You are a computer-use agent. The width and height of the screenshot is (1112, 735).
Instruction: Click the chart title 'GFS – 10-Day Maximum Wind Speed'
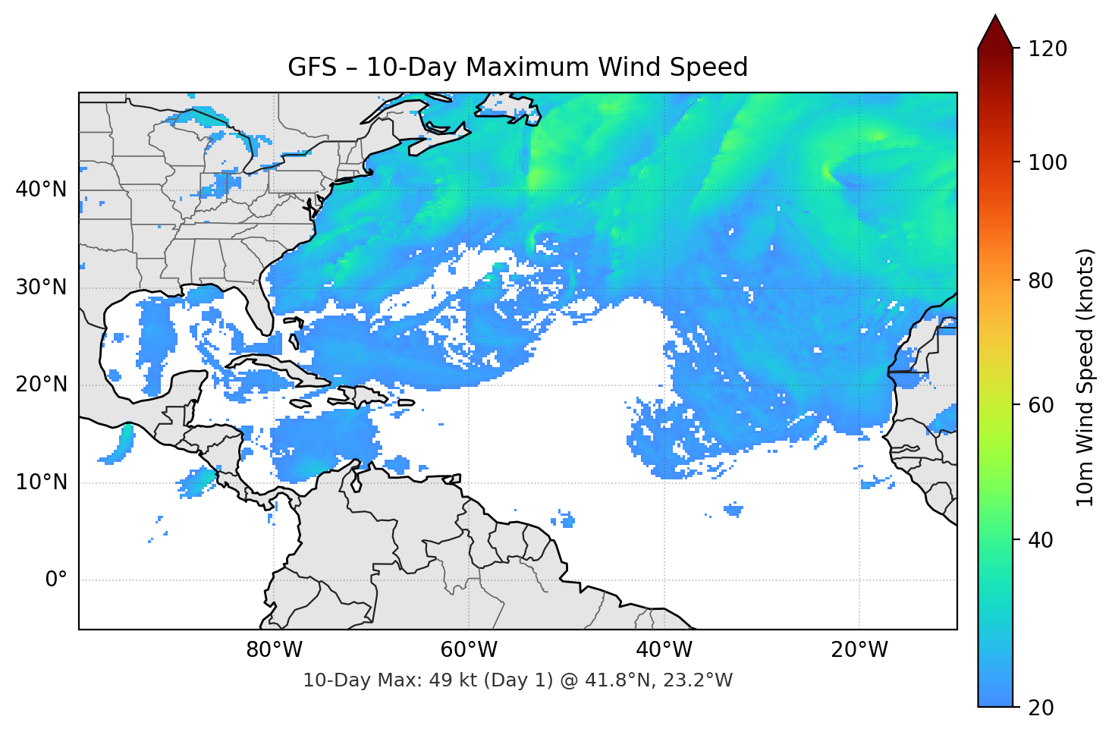pyautogui.click(x=517, y=68)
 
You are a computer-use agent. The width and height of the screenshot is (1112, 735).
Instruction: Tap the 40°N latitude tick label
pyautogui.click(x=41, y=190)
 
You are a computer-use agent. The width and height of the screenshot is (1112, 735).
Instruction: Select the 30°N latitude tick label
pyautogui.click(x=41, y=287)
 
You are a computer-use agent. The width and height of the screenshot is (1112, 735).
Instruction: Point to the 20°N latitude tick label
pyautogui.click(x=41, y=385)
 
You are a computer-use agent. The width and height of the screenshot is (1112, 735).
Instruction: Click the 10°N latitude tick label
pyautogui.click(x=41, y=482)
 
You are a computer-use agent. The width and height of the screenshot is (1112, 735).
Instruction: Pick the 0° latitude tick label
pyautogui.click(x=55, y=580)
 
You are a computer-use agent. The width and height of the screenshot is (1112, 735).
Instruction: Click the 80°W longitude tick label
pyautogui.click(x=274, y=650)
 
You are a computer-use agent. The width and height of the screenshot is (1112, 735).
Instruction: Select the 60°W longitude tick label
pyautogui.click(x=469, y=650)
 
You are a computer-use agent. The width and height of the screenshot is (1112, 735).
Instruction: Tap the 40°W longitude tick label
pyautogui.click(x=664, y=650)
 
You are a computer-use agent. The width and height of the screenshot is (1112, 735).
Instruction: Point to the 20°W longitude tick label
pyautogui.click(x=859, y=650)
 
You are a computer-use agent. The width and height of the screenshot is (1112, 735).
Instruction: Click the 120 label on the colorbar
pyautogui.click(x=1048, y=49)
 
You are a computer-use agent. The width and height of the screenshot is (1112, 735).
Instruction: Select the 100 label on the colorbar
pyautogui.click(x=1048, y=162)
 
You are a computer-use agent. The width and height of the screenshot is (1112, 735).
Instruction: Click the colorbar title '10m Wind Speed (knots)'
pyautogui.click(x=1085, y=377)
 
